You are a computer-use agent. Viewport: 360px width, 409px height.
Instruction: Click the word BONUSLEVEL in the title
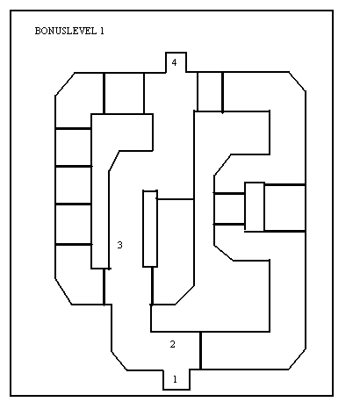pos(66,31)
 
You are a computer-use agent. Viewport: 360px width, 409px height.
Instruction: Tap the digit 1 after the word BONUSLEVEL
pos(102,31)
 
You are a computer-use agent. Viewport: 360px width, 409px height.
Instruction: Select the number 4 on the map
pos(174,62)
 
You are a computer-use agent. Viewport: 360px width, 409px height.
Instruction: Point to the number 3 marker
pos(119,245)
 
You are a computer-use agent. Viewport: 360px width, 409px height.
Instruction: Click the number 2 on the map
pos(173,344)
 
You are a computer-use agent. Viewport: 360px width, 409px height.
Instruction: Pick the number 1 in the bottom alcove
pos(175,379)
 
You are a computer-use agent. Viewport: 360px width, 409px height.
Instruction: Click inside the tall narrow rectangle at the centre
pos(150,229)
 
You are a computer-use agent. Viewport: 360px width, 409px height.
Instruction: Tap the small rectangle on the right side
pos(255,206)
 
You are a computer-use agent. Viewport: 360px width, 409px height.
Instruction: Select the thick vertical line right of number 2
pos(200,350)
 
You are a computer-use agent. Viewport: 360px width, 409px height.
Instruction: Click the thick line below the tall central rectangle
pos(152,286)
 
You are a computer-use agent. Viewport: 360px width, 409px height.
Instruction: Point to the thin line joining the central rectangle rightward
pos(175,199)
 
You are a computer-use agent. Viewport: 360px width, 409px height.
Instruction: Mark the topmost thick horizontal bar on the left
pos(73,128)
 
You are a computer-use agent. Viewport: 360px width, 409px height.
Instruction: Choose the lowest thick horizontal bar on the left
pos(74,244)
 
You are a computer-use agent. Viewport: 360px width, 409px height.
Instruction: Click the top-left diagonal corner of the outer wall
pos(65,84)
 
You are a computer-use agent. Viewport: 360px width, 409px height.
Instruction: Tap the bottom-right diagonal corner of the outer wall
pos(298,359)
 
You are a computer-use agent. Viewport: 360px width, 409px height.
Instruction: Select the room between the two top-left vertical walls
pos(124,93)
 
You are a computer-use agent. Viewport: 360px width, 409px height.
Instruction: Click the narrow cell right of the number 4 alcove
pos(210,91)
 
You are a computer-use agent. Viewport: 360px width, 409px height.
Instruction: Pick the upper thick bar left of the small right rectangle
pos(229,193)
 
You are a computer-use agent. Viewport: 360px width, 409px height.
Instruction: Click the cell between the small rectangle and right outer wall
pos(284,208)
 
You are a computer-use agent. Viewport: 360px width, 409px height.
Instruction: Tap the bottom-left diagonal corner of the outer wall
pos(63,291)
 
